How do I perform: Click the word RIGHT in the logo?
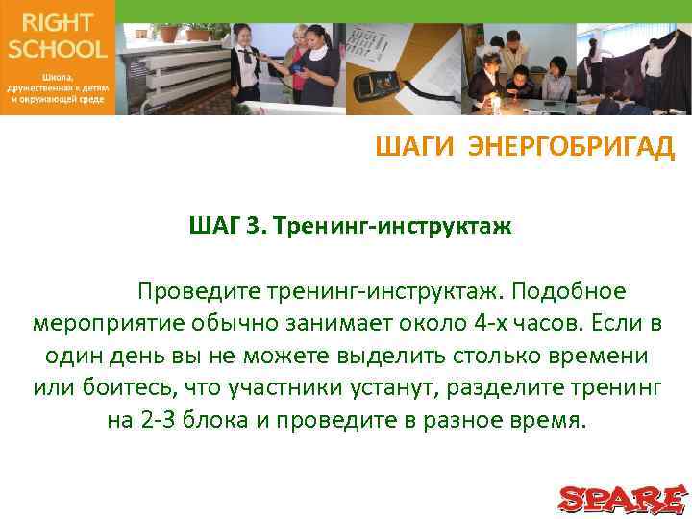coord(57,23)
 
